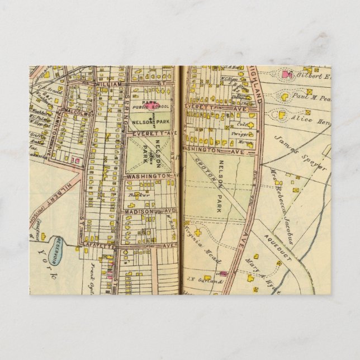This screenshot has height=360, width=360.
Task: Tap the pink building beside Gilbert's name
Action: tap(288, 74)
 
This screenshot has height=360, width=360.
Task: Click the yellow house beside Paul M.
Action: tap(285, 97)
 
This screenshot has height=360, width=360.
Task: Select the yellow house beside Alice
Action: tap(281, 116)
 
